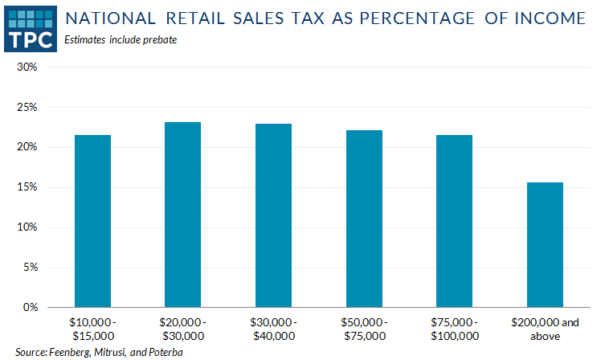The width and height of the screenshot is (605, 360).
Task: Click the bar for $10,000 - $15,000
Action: coord(92,221)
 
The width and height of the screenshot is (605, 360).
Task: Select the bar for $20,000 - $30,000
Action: coord(182,215)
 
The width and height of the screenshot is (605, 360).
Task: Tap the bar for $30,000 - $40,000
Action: coord(273,215)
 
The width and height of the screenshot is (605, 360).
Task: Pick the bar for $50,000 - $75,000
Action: coord(364,219)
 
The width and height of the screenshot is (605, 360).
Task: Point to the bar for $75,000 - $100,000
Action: coord(455,221)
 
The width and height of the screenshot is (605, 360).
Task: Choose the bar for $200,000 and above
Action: coord(545,245)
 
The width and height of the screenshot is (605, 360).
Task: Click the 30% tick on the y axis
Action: coord(27,67)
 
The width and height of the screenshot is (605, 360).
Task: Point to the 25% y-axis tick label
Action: coord(27,107)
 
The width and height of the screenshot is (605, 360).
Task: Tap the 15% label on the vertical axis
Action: coord(27,187)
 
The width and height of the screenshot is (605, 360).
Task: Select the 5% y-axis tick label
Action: coord(30,268)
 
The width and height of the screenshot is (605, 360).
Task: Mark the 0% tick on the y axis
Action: coord(30,308)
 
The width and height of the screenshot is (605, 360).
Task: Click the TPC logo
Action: coord(30,27)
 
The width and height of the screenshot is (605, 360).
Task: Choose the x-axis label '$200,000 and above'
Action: coord(545,329)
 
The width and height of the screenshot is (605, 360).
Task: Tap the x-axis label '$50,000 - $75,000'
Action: coord(364,329)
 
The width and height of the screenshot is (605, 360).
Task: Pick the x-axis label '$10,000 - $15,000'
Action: coord(92,329)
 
